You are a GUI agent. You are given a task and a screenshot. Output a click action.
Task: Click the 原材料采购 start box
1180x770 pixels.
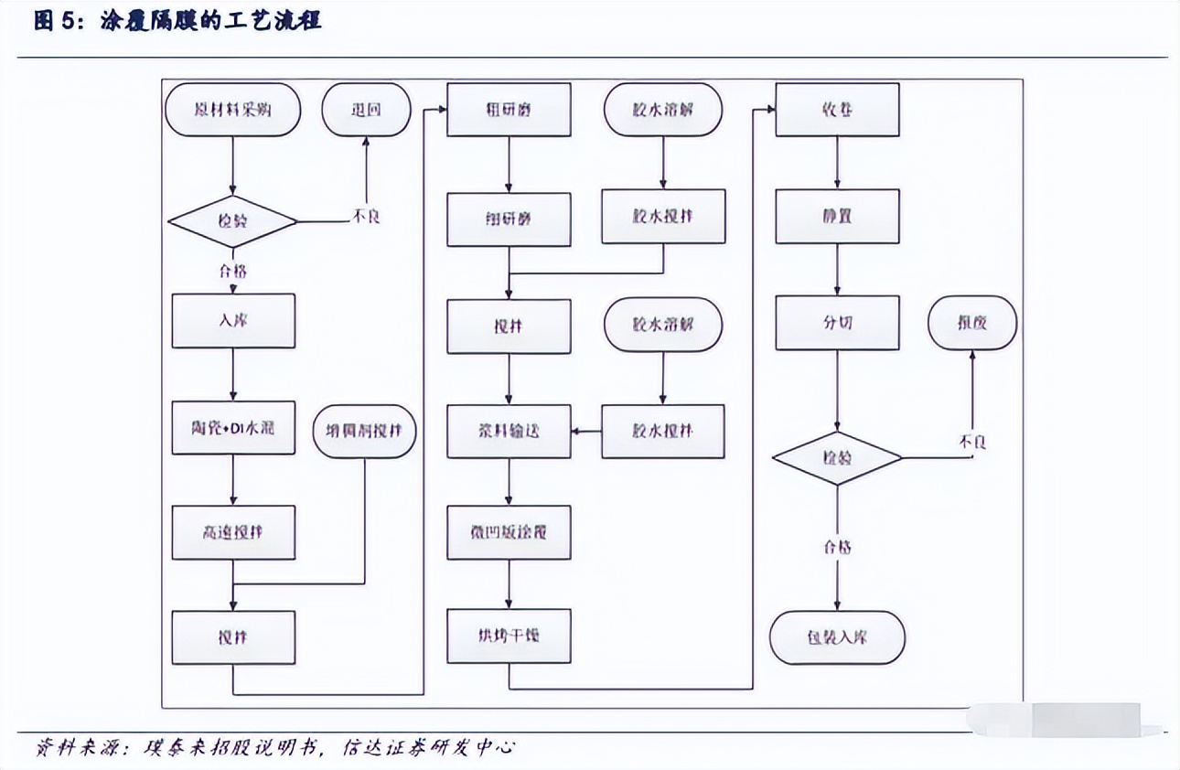[233, 110]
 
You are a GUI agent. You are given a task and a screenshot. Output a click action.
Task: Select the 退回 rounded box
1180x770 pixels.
[366, 110]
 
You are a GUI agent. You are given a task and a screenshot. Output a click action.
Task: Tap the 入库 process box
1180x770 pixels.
[233, 321]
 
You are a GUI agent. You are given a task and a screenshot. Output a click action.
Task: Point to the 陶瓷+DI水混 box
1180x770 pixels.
[233, 428]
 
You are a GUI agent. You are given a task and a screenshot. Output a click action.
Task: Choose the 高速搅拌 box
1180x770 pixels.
[233, 532]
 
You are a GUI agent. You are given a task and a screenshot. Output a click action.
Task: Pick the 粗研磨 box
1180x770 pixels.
[509, 110]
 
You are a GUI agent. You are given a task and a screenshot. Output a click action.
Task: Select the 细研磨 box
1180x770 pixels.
[509, 219]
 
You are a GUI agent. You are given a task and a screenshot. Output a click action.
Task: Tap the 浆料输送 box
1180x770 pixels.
[509, 431]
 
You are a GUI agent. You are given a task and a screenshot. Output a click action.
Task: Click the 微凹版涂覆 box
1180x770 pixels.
[509, 531]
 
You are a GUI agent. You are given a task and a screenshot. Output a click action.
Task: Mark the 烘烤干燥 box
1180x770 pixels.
[509, 636]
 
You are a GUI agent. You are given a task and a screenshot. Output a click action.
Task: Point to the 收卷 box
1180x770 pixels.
[837, 110]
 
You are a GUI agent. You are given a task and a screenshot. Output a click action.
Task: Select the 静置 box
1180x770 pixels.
[837, 218]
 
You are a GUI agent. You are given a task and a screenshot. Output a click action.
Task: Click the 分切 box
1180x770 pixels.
[837, 323]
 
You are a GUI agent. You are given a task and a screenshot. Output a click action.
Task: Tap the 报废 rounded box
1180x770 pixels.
[972, 323]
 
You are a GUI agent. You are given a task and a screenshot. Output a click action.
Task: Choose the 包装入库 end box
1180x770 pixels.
[837, 636]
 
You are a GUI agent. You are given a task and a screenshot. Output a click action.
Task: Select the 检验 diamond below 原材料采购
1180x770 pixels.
[233, 221]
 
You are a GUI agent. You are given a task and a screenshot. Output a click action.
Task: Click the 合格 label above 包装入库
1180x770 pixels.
[837, 548]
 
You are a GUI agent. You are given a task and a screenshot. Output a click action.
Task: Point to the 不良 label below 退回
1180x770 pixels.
[367, 217]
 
